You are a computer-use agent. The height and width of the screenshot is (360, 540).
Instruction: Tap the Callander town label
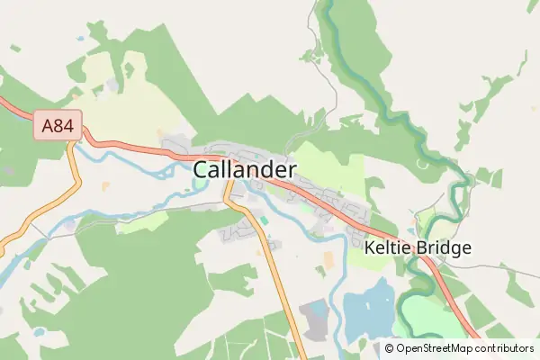[x=245, y=169]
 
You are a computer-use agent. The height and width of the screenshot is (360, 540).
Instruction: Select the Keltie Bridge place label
[x=418, y=247]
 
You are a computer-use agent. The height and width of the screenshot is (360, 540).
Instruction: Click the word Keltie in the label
[x=388, y=247]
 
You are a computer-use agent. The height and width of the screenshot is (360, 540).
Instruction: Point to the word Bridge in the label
[x=442, y=247]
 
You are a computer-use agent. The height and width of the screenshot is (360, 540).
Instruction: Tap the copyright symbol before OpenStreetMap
[x=390, y=348]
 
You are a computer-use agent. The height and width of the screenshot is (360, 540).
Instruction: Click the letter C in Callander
[x=202, y=169]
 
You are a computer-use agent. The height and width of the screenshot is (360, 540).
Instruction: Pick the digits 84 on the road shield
[x=64, y=125]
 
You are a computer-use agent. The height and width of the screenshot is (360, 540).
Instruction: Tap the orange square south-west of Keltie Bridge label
[x=328, y=259]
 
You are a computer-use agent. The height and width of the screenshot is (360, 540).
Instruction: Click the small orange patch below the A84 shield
[x=106, y=186]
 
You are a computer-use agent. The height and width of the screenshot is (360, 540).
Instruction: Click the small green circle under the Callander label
[x=200, y=186]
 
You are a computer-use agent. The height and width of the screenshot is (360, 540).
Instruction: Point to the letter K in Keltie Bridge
[x=372, y=247]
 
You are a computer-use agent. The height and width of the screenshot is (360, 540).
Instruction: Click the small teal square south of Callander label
[x=264, y=219]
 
